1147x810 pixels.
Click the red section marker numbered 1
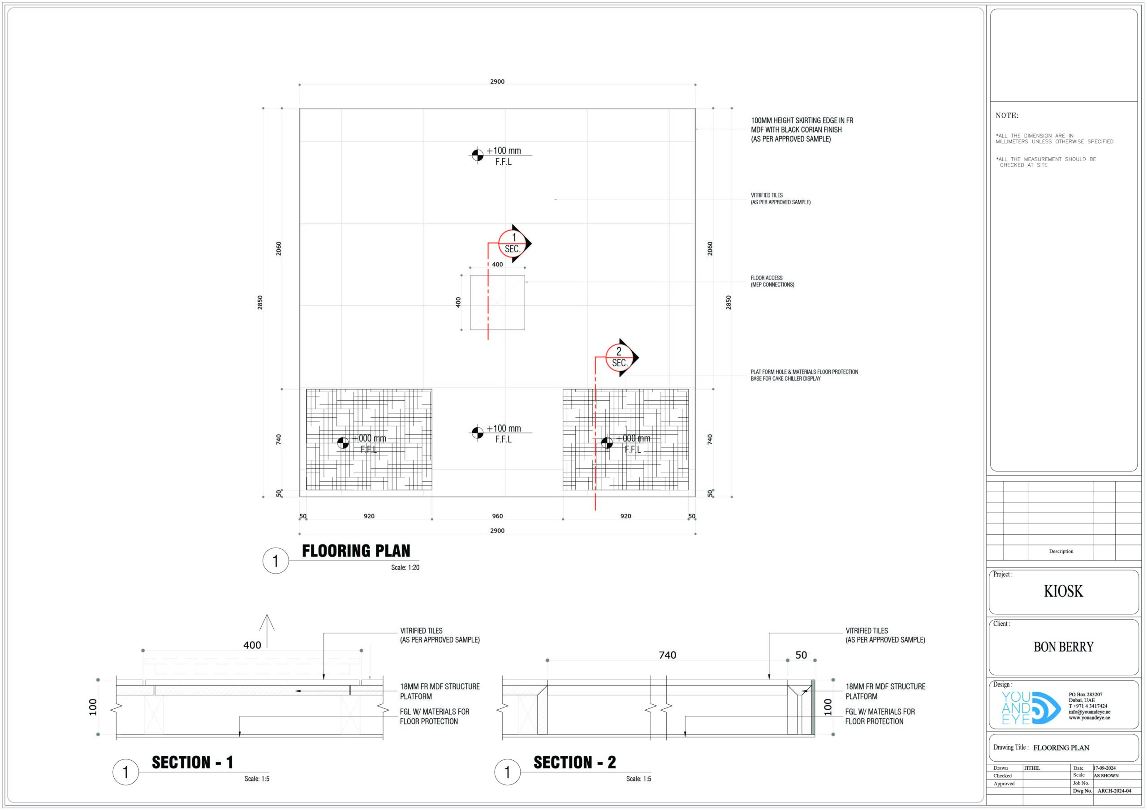coord(513,244)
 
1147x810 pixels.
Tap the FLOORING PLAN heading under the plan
coord(356,551)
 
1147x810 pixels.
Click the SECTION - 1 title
coord(192,762)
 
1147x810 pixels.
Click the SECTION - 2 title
coord(574,762)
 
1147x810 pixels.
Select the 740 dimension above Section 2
coord(668,655)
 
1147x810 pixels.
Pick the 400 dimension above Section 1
coord(252,645)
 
